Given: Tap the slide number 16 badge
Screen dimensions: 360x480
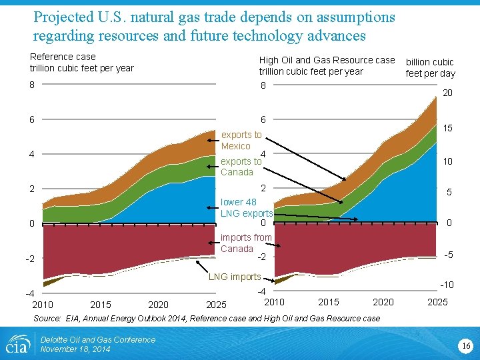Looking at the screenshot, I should (x=465, y=345).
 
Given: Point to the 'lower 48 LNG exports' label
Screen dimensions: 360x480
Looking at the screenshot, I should (x=247, y=207).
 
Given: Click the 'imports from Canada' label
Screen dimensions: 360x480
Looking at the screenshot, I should (x=246, y=243).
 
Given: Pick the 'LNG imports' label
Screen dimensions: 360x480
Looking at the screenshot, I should (x=235, y=277).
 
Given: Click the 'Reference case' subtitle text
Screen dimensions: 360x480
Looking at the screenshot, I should (x=63, y=57).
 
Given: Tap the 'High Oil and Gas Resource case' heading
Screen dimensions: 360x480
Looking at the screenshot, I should (x=327, y=60).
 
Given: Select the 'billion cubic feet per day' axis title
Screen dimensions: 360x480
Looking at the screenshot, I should (x=431, y=67).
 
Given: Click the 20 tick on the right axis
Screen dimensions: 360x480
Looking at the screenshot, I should (x=448, y=93).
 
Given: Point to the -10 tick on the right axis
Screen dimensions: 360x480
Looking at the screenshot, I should (x=447, y=285).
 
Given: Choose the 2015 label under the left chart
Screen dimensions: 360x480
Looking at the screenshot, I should (x=100, y=305).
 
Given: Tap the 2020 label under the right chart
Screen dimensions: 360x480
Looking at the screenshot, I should (x=383, y=302).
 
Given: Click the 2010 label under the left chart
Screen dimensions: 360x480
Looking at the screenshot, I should (x=42, y=305).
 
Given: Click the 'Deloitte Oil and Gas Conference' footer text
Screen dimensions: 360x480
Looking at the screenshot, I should (x=97, y=340).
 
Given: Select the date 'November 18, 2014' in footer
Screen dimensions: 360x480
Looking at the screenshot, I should (x=75, y=349).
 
